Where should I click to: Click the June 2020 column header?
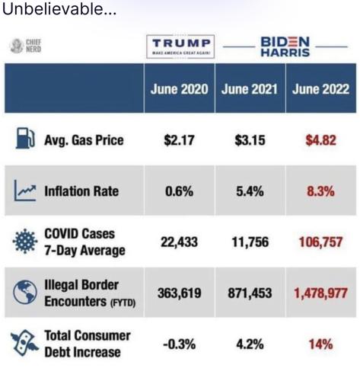pyautogui.click(x=179, y=89)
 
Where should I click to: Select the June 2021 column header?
pyautogui.click(x=250, y=89)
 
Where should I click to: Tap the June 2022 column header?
pyautogui.click(x=320, y=89)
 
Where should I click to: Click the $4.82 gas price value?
pyautogui.click(x=321, y=140)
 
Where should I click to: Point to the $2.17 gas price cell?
pyautogui.click(x=179, y=140)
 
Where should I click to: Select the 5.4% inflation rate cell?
pyautogui.click(x=250, y=191)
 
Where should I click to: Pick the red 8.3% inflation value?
pyautogui.click(x=320, y=191)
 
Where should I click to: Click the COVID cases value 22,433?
pyautogui.click(x=179, y=242)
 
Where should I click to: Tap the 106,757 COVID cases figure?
pyautogui.click(x=320, y=242)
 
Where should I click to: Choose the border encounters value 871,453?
pyautogui.click(x=250, y=293)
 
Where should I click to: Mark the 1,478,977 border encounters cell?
pyautogui.click(x=320, y=293)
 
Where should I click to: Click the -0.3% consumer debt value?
pyautogui.click(x=179, y=344)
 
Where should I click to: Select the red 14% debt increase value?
pyautogui.click(x=320, y=344)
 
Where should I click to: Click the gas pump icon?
pyautogui.click(x=25, y=138)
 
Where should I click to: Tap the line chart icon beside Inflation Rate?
pyautogui.click(x=25, y=190)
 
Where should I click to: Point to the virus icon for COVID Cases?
pyautogui.click(x=25, y=242)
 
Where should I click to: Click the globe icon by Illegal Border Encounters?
pyautogui.click(x=25, y=293)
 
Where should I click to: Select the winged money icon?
pyautogui.click(x=24, y=343)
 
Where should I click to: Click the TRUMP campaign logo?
pyautogui.click(x=180, y=46)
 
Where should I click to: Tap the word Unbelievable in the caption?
pyautogui.click(x=53, y=9)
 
